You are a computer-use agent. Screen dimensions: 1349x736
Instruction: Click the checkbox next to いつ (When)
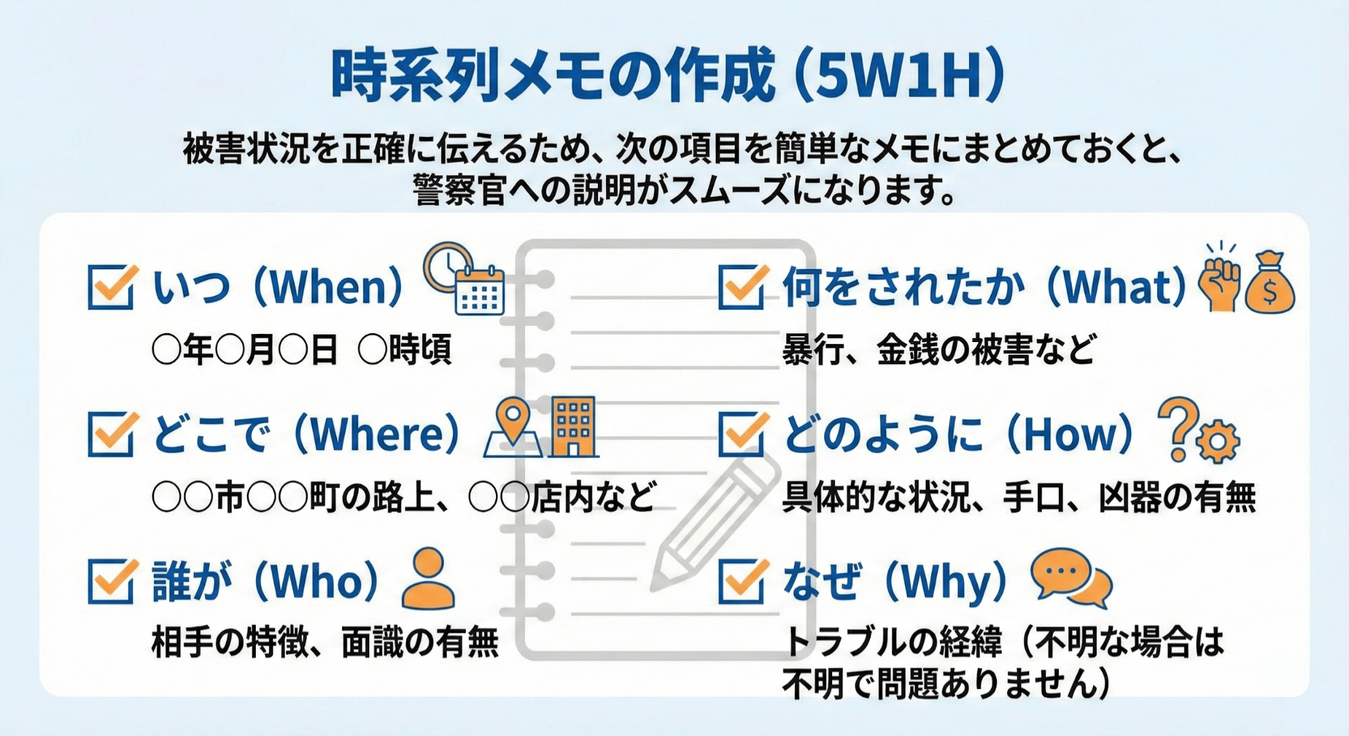(111, 287)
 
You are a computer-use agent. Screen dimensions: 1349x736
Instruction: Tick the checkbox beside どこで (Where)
(111, 434)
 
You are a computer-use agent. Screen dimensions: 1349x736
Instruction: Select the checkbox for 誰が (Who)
(111, 581)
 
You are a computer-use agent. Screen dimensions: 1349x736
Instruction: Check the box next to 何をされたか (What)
(741, 287)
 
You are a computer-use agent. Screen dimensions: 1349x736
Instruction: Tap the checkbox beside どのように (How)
(741, 434)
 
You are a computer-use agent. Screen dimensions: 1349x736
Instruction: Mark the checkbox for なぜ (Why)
(741, 581)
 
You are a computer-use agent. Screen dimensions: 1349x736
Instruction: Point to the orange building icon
(573, 427)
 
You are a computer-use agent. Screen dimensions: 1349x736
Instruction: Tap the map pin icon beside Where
(514, 428)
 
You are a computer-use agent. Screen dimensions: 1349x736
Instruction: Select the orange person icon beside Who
(428, 578)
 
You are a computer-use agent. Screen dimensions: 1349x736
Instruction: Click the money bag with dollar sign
(1269, 284)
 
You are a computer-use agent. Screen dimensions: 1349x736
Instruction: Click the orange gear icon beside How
(1217, 441)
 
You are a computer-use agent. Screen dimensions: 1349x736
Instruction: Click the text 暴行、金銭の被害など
(938, 350)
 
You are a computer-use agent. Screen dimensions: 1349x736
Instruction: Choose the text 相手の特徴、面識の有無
(325, 641)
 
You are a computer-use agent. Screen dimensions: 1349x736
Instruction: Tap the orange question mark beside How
(1177, 428)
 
